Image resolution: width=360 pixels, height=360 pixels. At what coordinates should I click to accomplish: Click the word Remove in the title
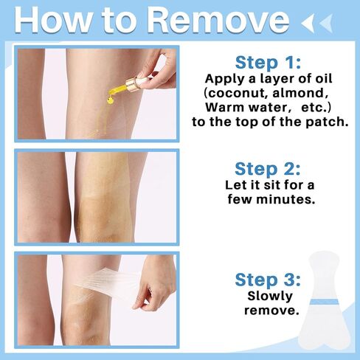[218, 20]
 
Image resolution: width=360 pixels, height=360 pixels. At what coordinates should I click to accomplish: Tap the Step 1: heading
[268, 63]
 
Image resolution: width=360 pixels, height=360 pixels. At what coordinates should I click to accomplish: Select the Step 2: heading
[268, 169]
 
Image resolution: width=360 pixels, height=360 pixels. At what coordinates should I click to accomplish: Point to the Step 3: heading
[268, 280]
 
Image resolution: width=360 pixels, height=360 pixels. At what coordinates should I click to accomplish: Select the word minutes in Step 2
[285, 199]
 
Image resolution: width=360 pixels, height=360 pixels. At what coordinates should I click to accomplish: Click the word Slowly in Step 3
[270, 297]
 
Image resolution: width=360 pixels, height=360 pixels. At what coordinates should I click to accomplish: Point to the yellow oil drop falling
[110, 100]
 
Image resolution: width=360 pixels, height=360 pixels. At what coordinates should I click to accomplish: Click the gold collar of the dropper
[131, 83]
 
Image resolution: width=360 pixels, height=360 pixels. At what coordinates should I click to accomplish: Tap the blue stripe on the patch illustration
[324, 302]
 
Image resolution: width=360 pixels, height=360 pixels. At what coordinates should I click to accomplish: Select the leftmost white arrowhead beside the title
[308, 23]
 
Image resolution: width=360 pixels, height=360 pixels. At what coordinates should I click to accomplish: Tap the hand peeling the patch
[154, 283]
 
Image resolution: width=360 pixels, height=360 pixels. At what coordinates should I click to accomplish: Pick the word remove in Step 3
[271, 311]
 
